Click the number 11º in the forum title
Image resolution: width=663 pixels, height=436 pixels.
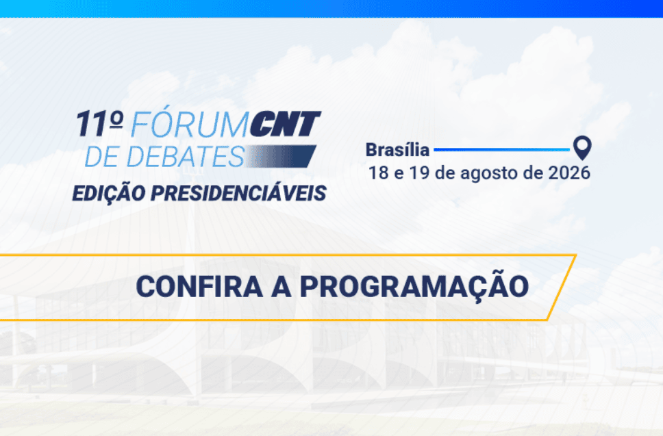[99, 124]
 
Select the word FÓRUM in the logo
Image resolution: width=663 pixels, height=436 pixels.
[189, 124]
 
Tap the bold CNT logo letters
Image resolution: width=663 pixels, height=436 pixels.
[285, 124]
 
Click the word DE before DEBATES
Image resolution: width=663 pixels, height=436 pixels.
[102, 156]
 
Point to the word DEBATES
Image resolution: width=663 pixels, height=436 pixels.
[185, 156]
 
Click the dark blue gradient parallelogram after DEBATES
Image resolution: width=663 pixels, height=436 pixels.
[282, 156]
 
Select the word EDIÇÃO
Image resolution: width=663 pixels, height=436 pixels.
[109, 194]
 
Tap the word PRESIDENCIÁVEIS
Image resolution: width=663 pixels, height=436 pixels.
[238, 193]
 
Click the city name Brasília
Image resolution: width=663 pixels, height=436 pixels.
[397, 150]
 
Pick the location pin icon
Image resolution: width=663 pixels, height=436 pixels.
[582, 147]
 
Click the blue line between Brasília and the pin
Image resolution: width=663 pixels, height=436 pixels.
[502, 150]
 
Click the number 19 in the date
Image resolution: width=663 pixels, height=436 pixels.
[420, 172]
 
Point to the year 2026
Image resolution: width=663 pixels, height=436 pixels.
[569, 172]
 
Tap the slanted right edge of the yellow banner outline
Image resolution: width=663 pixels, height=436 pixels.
[562, 287]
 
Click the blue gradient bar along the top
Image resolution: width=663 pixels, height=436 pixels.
[331, 8]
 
